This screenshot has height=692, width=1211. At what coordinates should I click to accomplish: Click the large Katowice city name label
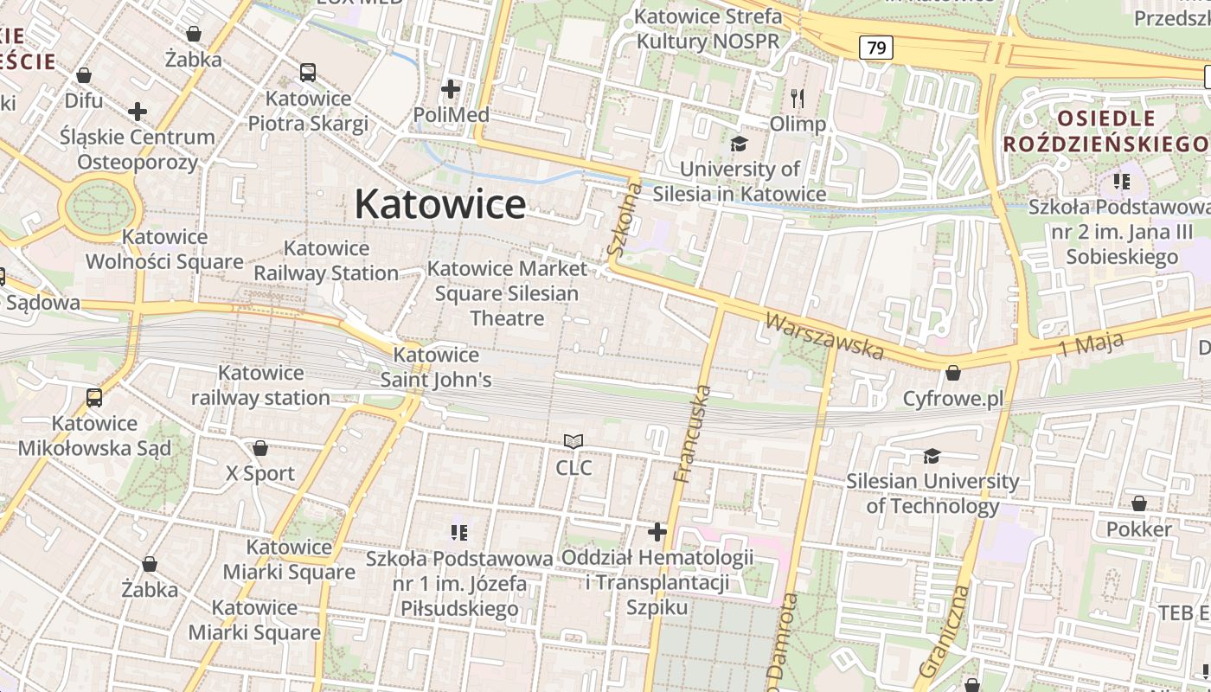[439, 205]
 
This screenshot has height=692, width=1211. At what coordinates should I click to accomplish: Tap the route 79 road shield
[875, 48]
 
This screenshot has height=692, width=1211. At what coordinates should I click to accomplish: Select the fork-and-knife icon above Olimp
[798, 99]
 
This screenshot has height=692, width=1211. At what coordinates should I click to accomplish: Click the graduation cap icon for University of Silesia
[739, 143]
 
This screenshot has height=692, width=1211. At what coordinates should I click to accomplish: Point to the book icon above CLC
[573, 442]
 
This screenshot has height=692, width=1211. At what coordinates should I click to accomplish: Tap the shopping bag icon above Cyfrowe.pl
[952, 373]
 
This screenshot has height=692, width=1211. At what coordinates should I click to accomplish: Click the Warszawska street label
[824, 336]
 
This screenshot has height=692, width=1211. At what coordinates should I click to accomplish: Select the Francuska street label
[693, 433]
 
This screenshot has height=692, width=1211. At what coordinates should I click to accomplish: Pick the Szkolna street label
[624, 221]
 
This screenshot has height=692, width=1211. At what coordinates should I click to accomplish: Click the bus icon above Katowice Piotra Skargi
[307, 73]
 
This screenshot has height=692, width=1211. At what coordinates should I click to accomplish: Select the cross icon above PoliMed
[450, 88]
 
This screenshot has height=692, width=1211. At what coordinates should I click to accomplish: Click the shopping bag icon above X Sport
[259, 448]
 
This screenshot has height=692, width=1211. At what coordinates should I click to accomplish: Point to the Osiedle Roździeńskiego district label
[1105, 131]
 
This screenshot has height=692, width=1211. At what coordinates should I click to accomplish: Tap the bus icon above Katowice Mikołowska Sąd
[93, 398]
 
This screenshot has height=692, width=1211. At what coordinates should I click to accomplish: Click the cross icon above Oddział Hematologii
[657, 531]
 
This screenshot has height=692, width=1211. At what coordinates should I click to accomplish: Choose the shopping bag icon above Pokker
[1138, 503]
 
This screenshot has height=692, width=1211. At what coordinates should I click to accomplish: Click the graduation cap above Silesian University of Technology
[932, 455]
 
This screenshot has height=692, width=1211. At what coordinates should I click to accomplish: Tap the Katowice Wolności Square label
[152, 249]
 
